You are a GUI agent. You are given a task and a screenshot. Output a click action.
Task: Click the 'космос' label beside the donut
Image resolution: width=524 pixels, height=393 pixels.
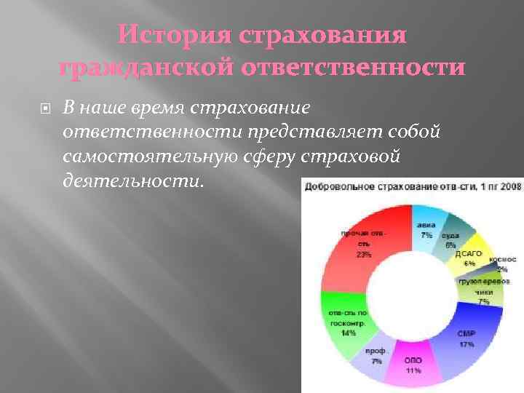[502, 259]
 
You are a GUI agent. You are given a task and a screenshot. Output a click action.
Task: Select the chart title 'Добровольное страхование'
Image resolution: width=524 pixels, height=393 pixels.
[371, 187]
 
